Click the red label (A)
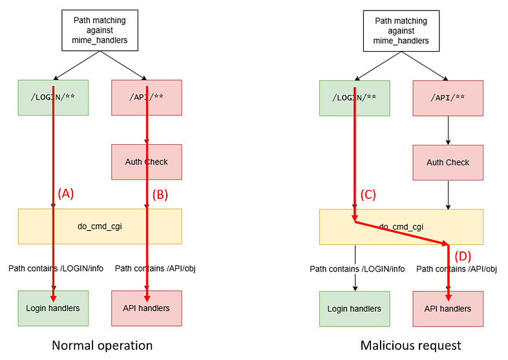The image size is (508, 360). (66, 193)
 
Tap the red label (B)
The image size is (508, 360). (160, 195)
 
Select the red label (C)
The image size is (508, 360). (368, 195)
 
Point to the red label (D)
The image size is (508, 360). (463, 256)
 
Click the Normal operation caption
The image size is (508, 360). (102, 345)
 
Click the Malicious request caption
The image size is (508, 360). (410, 345)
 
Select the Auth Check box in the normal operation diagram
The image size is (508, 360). (147, 162)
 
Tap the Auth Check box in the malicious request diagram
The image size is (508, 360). (448, 162)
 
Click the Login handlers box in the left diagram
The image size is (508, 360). (53, 308)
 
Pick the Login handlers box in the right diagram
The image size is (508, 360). (354, 309)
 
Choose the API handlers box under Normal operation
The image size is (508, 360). (147, 308)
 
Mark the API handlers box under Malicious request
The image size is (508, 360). (448, 309)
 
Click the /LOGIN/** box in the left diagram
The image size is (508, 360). (53, 98)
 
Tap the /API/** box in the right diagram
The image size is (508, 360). (448, 98)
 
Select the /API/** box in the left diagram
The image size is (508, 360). (147, 98)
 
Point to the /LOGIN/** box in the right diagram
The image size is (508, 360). (354, 98)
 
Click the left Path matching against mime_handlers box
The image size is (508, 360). (100, 30)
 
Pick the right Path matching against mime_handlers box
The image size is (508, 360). (401, 31)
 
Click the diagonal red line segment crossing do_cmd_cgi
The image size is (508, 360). (402, 233)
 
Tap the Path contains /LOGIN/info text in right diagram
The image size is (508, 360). (357, 269)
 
